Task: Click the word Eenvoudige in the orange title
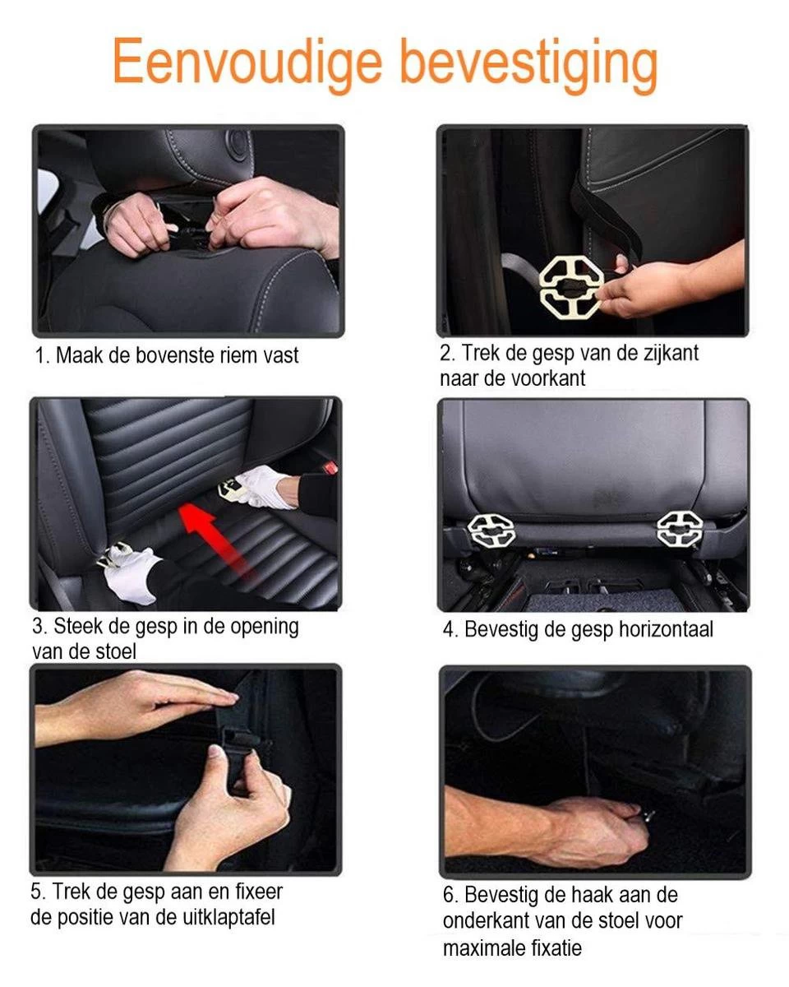[247, 62]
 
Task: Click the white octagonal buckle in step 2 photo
[570, 287]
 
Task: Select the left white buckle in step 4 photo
[491, 530]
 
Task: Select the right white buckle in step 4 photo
[680, 529]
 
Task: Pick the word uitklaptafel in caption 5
[228, 917]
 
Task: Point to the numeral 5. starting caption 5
[38, 892]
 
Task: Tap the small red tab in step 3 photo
[330, 467]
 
